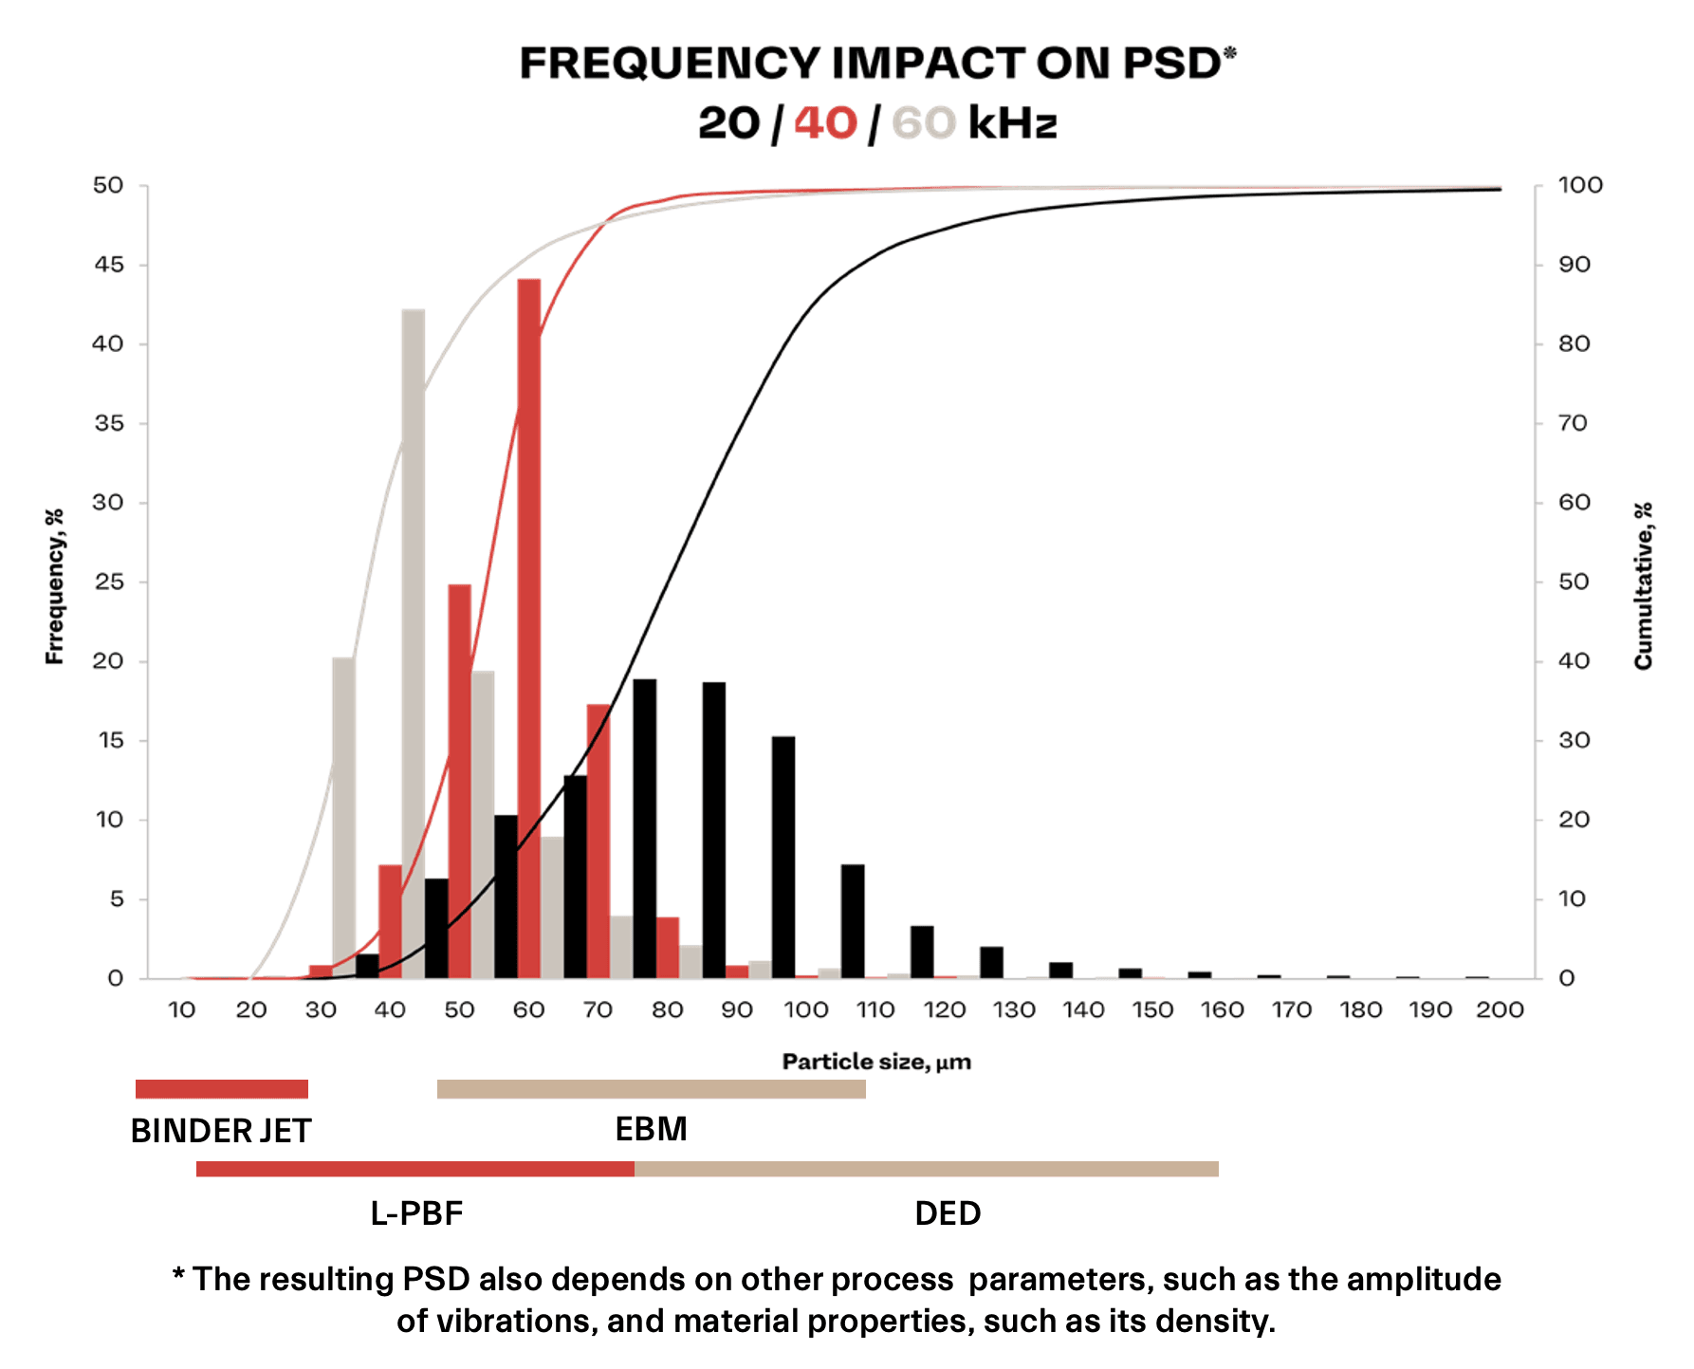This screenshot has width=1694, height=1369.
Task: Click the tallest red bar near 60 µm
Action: pyautogui.click(x=529, y=626)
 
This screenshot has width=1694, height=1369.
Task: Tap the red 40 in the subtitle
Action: pyautogui.click(x=825, y=123)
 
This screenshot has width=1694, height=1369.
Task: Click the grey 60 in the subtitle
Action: pyautogui.click(x=923, y=123)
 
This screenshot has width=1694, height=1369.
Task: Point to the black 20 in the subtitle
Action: pyautogui.click(x=728, y=123)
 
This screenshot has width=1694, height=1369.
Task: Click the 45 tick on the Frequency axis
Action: pyautogui.click(x=109, y=265)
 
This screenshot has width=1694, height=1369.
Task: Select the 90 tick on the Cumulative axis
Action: pyautogui.click(x=1574, y=265)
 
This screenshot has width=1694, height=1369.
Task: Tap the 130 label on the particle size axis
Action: pyautogui.click(x=1014, y=1009)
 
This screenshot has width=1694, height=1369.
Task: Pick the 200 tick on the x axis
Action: pyautogui.click(x=1500, y=1009)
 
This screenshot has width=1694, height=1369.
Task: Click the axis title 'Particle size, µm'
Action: pyautogui.click(x=876, y=1062)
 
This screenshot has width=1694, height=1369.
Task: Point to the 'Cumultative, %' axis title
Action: pyautogui.click(x=1644, y=585)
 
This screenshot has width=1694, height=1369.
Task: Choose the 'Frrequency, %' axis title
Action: pyautogui.click(x=55, y=585)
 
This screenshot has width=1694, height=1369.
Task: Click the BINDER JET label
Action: pyautogui.click(x=221, y=1131)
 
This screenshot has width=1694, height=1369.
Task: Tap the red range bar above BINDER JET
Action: pyautogui.click(x=221, y=1089)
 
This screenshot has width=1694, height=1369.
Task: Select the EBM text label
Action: pyautogui.click(x=651, y=1129)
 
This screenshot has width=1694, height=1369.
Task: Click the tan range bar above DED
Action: pyautogui.click(x=926, y=1169)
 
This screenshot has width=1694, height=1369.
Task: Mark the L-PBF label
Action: pyautogui.click(x=416, y=1213)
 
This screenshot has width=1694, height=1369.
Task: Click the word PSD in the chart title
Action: pyautogui.click(x=1172, y=64)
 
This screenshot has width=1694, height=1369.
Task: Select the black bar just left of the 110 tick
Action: pyautogui.click(x=853, y=920)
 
